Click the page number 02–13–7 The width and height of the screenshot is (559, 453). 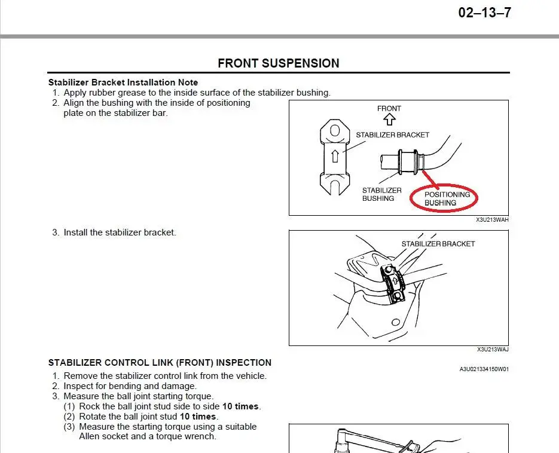click(484, 13)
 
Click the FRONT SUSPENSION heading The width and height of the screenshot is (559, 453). click(278, 63)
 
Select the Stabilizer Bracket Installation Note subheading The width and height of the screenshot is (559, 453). click(123, 82)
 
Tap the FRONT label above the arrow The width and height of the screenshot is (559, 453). click(389, 108)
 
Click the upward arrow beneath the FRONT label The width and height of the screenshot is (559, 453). click(390, 120)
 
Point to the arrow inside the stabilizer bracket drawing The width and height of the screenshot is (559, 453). click(335, 156)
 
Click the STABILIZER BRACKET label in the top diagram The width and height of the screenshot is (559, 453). click(392, 135)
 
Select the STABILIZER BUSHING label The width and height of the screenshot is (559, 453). click(381, 194)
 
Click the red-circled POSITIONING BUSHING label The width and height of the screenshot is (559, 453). click(447, 198)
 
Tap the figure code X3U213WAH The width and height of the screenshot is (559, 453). click(492, 220)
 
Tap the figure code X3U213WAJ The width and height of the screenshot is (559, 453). click(492, 350)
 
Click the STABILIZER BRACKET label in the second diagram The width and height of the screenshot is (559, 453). click(438, 244)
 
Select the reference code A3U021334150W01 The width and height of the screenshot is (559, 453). click(483, 369)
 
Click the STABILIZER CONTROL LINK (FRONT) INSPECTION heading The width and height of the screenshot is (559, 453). click(160, 363)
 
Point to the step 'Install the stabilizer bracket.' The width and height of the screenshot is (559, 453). click(120, 232)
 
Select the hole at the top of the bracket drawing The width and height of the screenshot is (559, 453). click(335, 130)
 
